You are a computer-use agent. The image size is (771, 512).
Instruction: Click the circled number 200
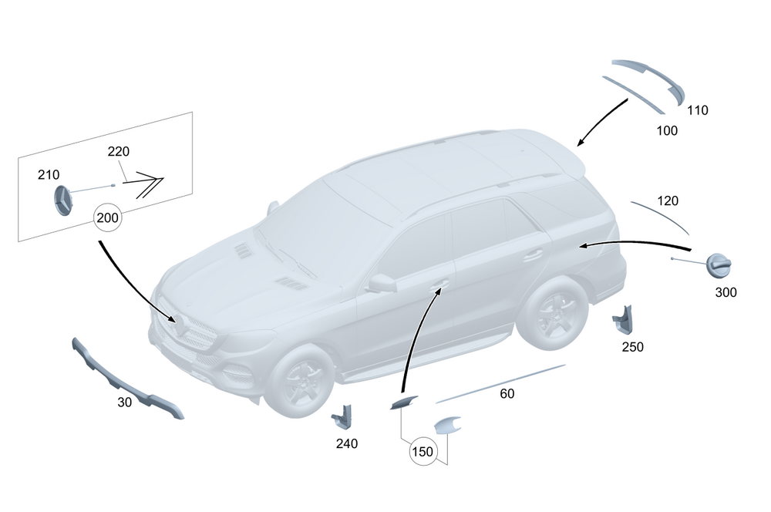(x=109, y=218)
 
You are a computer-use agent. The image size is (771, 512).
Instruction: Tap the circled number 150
(x=423, y=452)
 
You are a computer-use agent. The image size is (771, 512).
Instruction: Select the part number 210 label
(x=49, y=175)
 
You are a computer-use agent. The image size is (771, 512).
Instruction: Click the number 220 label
(x=118, y=151)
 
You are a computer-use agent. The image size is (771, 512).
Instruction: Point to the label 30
(x=125, y=402)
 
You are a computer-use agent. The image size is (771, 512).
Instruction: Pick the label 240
(x=346, y=443)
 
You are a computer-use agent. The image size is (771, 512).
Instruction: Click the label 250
(x=632, y=347)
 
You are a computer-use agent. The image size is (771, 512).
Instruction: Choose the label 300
(x=726, y=292)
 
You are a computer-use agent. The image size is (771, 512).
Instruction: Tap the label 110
(x=697, y=110)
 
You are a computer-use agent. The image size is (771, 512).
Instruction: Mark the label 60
(x=507, y=394)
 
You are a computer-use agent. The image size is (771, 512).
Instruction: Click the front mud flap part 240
(x=341, y=418)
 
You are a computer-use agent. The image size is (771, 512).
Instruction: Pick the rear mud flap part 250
(x=623, y=318)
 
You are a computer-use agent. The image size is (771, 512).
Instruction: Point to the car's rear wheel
(x=552, y=313)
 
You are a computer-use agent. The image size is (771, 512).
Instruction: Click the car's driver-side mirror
(x=381, y=283)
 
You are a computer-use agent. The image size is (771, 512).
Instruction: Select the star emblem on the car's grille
(x=183, y=327)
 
